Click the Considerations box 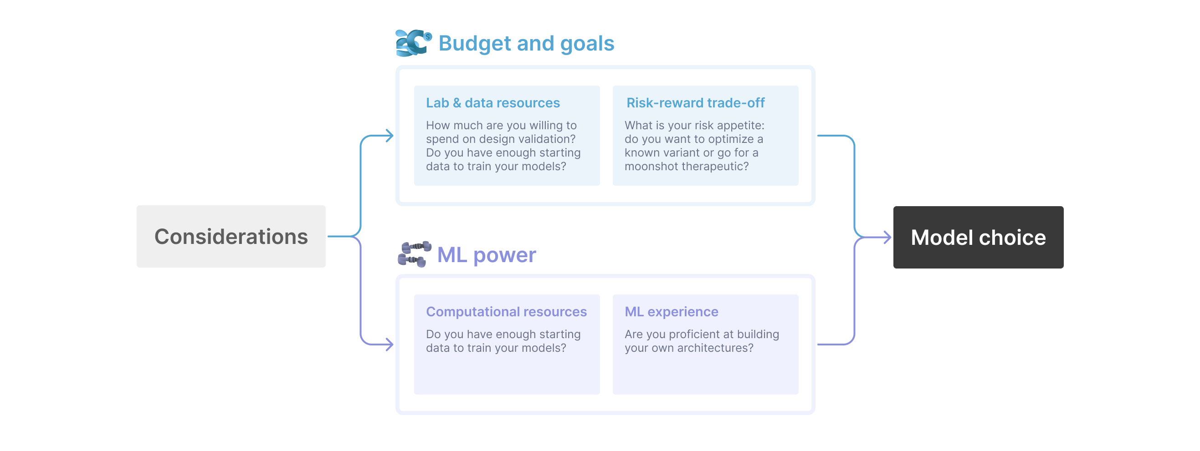[x=231, y=237]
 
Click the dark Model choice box [x=978, y=238]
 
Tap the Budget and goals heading [x=526, y=43]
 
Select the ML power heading [x=487, y=255]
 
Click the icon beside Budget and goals [x=413, y=43]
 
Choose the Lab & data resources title [x=492, y=103]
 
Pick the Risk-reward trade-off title [x=695, y=103]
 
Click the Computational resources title [x=506, y=312]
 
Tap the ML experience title [x=671, y=312]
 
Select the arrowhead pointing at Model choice [x=887, y=238]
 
